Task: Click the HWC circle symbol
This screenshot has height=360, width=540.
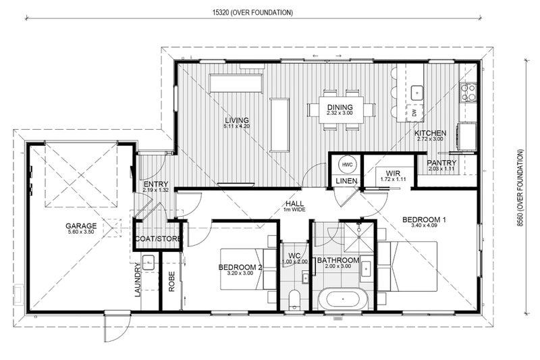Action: (348, 165)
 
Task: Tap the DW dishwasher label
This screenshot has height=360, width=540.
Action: (414, 112)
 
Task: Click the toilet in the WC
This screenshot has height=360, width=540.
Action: (294, 299)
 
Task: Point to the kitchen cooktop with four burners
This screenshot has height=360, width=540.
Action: (468, 92)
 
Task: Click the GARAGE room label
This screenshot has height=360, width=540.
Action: (81, 226)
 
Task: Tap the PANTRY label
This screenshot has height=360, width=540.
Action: (441, 163)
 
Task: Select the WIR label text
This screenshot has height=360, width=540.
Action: (393, 174)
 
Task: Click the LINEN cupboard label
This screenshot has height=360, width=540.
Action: (346, 181)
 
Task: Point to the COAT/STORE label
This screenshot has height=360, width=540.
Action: (158, 238)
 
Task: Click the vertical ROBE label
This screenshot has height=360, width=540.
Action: (171, 282)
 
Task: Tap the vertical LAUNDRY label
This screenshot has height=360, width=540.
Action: (138, 280)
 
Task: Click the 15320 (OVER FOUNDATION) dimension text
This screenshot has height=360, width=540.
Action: (252, 13)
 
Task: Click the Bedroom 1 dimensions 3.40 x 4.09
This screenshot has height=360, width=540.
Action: (424, 226)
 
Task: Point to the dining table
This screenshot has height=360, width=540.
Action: (341, 109)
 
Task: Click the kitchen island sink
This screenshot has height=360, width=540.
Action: (417, 93)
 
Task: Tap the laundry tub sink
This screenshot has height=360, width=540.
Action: (148, 263)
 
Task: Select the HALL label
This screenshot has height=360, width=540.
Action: (294, 203)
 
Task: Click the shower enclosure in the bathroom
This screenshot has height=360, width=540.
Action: (359, 238)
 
